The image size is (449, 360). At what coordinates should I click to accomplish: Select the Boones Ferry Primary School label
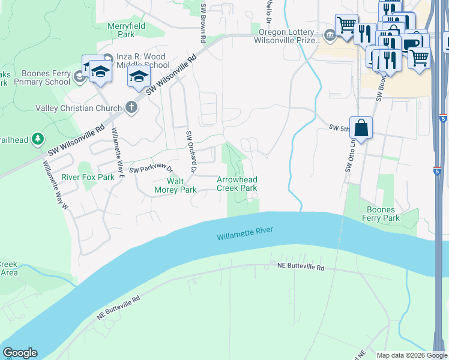tap(41, 77)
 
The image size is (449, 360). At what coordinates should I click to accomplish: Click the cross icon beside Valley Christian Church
tap(131, 108)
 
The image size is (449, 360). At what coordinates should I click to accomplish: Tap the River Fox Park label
tap(88, 178)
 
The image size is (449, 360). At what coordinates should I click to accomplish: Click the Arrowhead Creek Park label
tap(237, 184)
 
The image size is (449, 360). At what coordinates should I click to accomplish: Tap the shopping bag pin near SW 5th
tap(361, 128)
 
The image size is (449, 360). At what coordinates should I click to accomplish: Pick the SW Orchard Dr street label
tap(191, 152)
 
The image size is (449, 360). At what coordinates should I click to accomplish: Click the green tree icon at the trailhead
tap(38, 139)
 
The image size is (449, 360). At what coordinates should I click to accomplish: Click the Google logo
tap(20, 353)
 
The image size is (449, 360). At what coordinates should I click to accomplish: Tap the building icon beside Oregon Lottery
tap(329, 36)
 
